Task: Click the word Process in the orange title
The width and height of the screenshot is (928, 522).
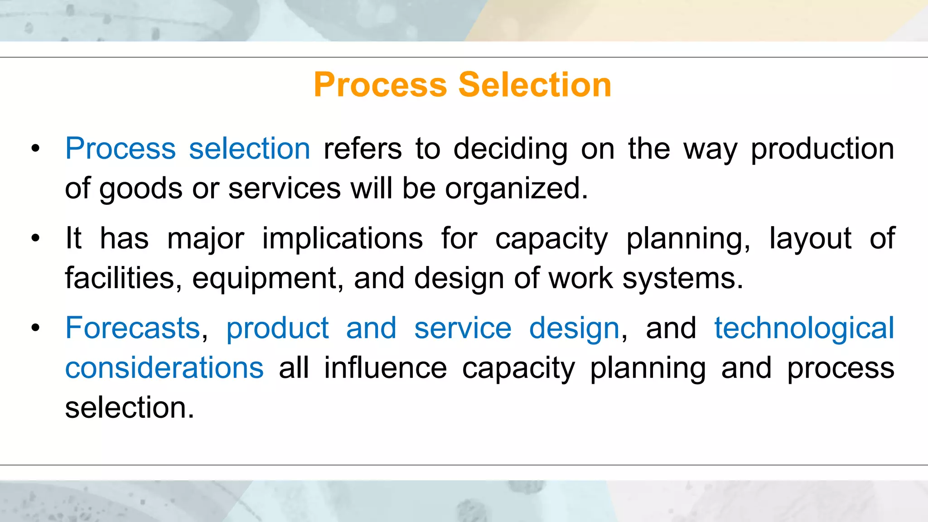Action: pyautogui.click(x=380, y=85)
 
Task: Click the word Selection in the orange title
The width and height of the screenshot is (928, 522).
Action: pyautogui.click(x=535, y=85)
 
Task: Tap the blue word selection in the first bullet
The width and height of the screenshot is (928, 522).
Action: pyautogui.click(x=249, y=149)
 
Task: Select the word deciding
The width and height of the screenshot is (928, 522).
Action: pyautogui.click(x=510, y=149)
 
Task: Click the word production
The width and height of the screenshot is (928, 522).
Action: pyautogui.click(x=822, y=149)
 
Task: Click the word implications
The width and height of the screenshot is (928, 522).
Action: pyautogui.click(x=343, y=238)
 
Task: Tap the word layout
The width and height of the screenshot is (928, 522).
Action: pyautogui.click(x=810, y=238)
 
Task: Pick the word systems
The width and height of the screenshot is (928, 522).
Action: pyautogui.click(x=682, y=278)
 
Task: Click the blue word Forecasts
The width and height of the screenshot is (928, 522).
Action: pyautogui.click(x=133, y=328)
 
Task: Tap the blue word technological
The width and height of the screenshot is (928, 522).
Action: pyautogui.click(x=804, y=328)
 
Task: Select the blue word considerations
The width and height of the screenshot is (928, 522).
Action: pyautogui.click(x=164, y=367)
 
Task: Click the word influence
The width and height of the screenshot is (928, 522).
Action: pyautogui.click(x=385, y=367)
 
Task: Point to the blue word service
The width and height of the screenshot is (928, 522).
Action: pyautogui.click(x=463, y=328)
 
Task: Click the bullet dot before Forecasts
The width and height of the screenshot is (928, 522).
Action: pyautogui.click(x=36, y=328)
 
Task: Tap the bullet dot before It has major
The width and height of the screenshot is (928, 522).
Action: pyautogui.click(x=36, y=238)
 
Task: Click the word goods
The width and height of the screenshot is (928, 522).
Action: pyautogui.click(x=141, y=188)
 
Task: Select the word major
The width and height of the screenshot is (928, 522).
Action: pyautogui.click(x=205, y=238)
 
